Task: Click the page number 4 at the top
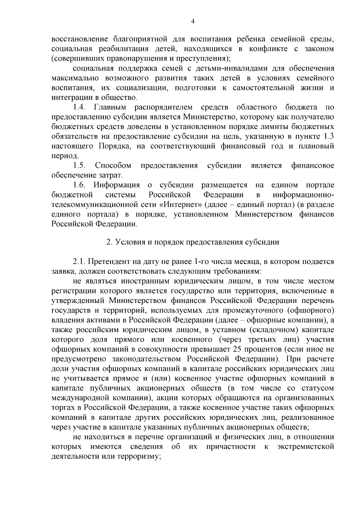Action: pyautogui.click(x=193, y=21)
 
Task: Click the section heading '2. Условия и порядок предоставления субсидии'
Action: pyautogui.click(x=193, y=242)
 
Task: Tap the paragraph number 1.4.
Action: pyautogui.click(x=80, y=107)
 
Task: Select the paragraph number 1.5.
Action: pyautogui.click(x=80, y=165)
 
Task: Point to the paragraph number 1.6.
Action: pyautogui.click(x=80, y=185)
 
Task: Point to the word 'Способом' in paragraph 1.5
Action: pyautogui.click(x=113, y=165)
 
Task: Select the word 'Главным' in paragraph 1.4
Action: pyautogui.click(x=110, y=107)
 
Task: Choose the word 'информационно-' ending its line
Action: pyautogui.click(x=303, y=195)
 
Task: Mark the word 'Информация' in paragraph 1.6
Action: pyautogui.click(x=117, y=185)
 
